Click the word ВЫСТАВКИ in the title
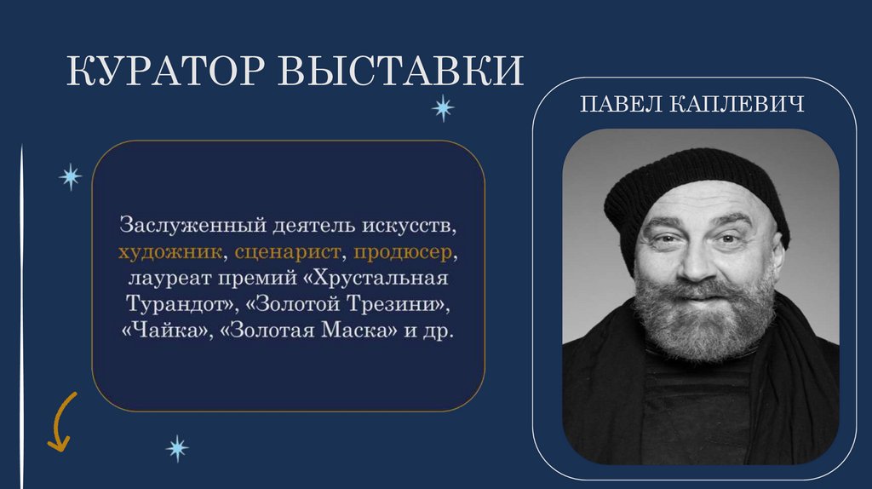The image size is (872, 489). pos(399,72)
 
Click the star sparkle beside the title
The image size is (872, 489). pos(442,108)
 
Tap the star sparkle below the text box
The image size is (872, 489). pos(176,446)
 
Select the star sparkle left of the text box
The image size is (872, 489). pos(70,176)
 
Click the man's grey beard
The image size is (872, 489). pos(703,319)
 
